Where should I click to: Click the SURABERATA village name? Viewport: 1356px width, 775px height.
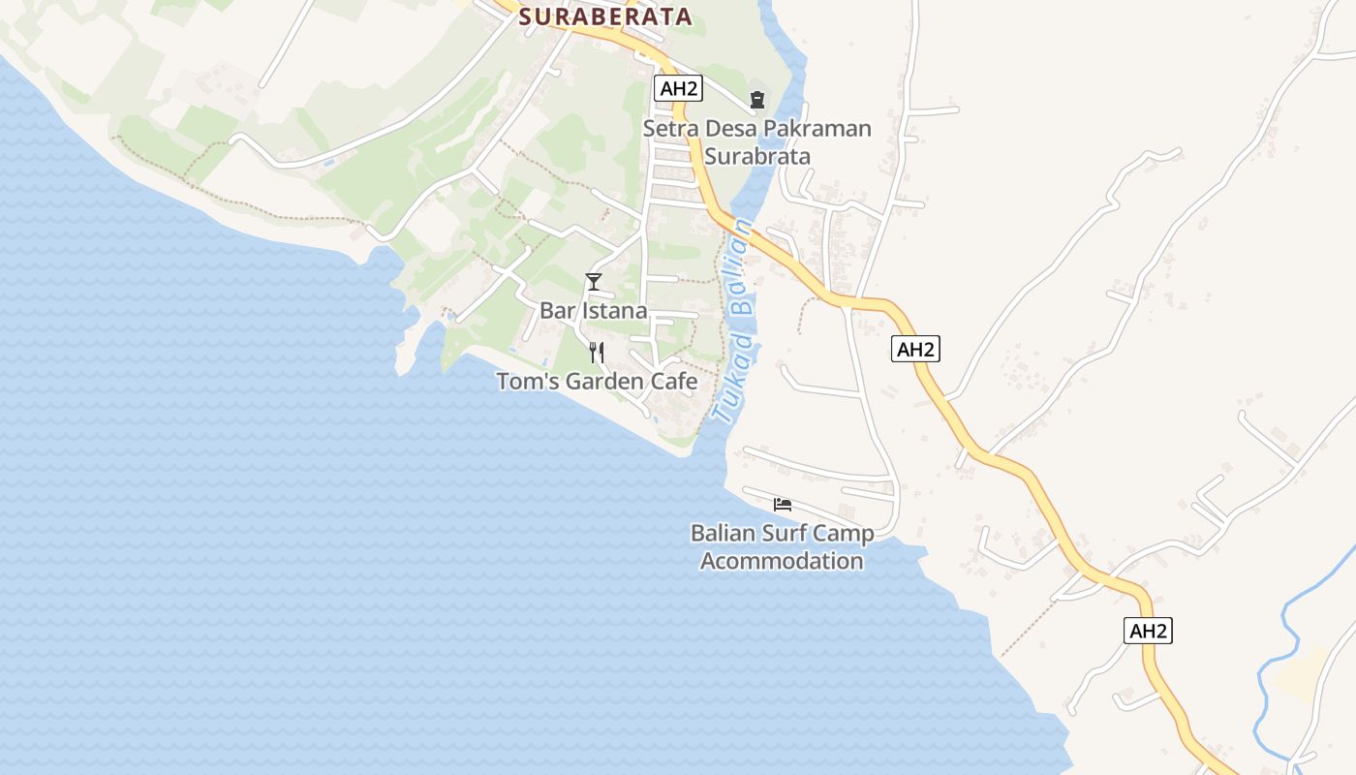tap(605, 16)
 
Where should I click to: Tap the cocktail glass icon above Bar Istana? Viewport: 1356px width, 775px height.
tap(594, 282)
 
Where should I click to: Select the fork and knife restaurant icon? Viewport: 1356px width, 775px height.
tap(597, 353)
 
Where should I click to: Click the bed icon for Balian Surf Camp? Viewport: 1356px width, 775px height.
tap(783, 504)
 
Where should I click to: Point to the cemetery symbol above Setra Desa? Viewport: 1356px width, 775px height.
tap(756, 99)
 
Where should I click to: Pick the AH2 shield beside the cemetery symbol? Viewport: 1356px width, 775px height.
tap(678, 89)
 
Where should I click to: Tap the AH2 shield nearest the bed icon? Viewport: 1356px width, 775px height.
tap(915, 349)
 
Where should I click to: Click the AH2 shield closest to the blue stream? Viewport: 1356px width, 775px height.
tap(1149, 631)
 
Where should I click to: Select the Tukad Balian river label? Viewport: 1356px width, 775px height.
tap(733, 321)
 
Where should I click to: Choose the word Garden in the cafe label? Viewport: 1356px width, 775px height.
tap(605, 382)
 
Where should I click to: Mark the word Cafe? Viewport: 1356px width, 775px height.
tap(674, 382)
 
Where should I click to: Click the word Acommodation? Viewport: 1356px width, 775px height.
tap(782, 561)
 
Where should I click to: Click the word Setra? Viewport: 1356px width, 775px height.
tap(668, 129)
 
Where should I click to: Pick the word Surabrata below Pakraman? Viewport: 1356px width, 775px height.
tap(756, 156)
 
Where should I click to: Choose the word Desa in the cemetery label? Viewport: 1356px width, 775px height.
tap(728, 129)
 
